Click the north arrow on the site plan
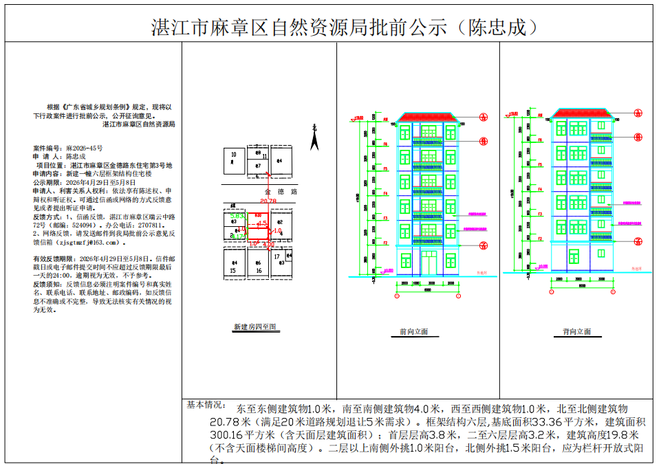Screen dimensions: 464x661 click(x=314, y=140)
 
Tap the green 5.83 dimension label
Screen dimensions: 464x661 click(x=237, y=216)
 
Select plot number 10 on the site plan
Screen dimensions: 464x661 click(x=234, y=155)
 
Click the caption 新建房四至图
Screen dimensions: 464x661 click(x=254, y=327)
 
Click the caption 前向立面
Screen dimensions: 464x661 click(x=413, y=331)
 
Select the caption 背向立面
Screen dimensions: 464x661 click(x=576, y=331)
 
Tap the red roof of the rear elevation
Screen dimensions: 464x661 click(x=583, y=114)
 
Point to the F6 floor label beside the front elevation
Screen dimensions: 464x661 click(x=386, y=144)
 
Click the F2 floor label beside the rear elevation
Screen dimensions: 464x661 click(x=540, y=239)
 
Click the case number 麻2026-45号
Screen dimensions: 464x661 click(x=85, y=148)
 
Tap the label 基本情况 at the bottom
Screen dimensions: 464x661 click(x=206, y=405)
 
